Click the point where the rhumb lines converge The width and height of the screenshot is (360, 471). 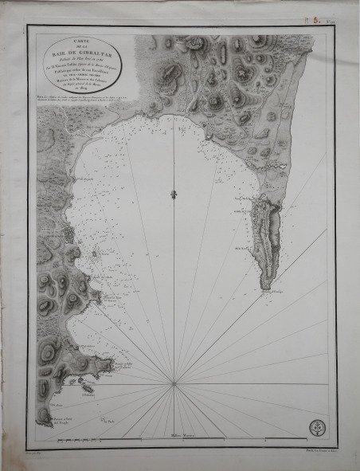[174, 385]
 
